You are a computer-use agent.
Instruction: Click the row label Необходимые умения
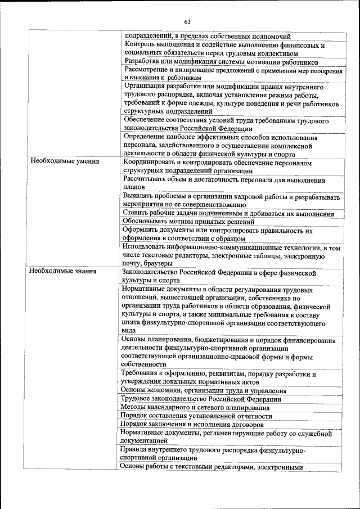pyautogui.click(x=65, y=161)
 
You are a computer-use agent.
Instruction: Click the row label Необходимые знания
pyautogui.click(x=64, y=271)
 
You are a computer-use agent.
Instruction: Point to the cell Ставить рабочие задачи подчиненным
pyautogui.click(x=228, y=214)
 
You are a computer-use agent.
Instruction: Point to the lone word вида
pyautogui.click(x=129, y=332)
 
